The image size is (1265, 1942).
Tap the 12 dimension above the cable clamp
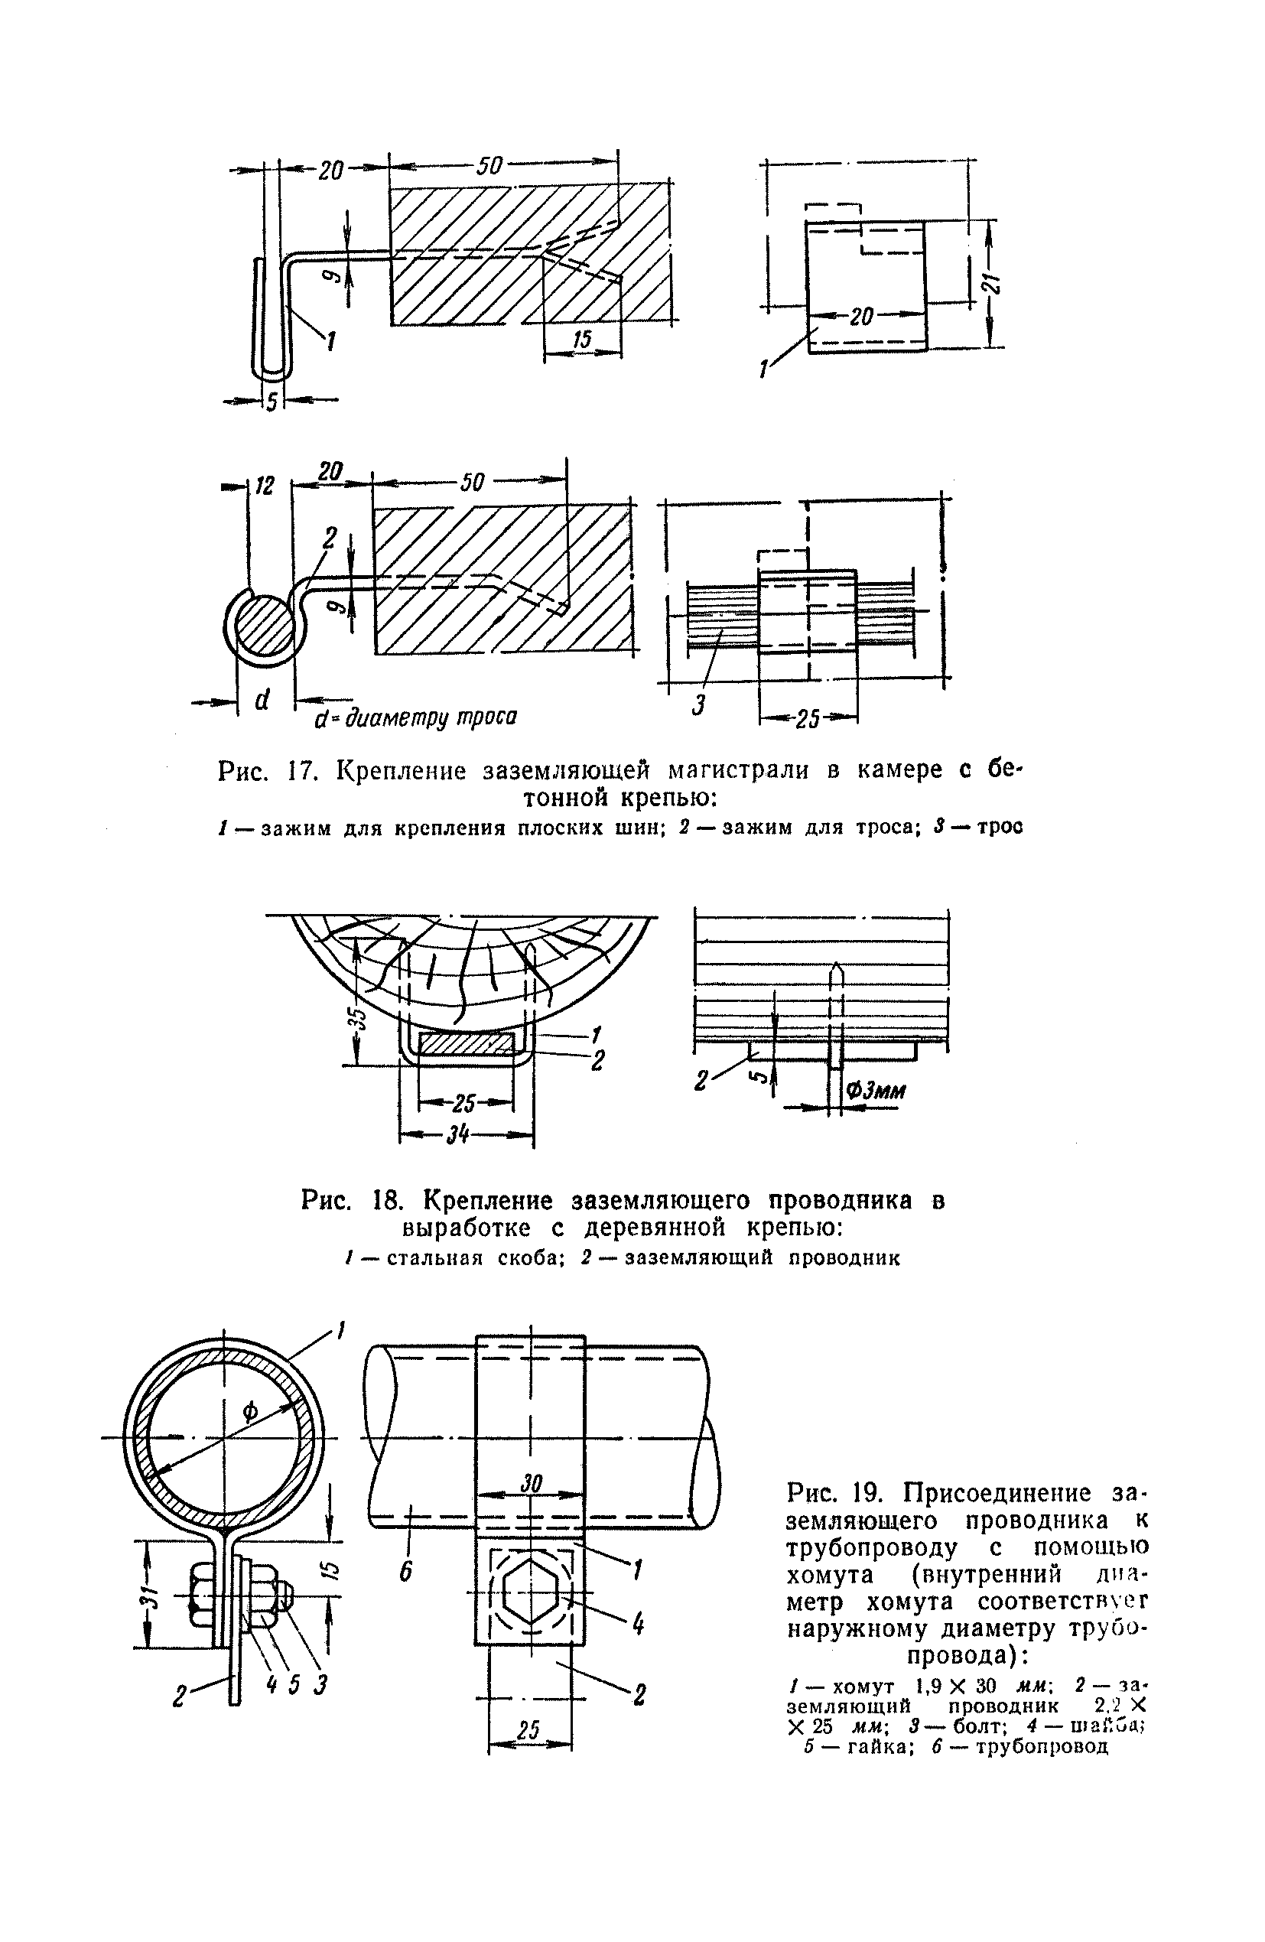coord(265,486)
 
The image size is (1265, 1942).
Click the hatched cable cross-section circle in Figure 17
coord(263,625)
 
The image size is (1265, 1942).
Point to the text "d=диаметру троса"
coord(416,718)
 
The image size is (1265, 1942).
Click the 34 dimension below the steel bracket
coord(462,1135)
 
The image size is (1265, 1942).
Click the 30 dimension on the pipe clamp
coord(531,1482)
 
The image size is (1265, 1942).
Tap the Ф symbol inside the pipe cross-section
coord(251,1408)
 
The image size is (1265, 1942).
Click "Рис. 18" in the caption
coord(348,1201)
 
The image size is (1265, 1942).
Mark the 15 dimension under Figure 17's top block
coord(581,340)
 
